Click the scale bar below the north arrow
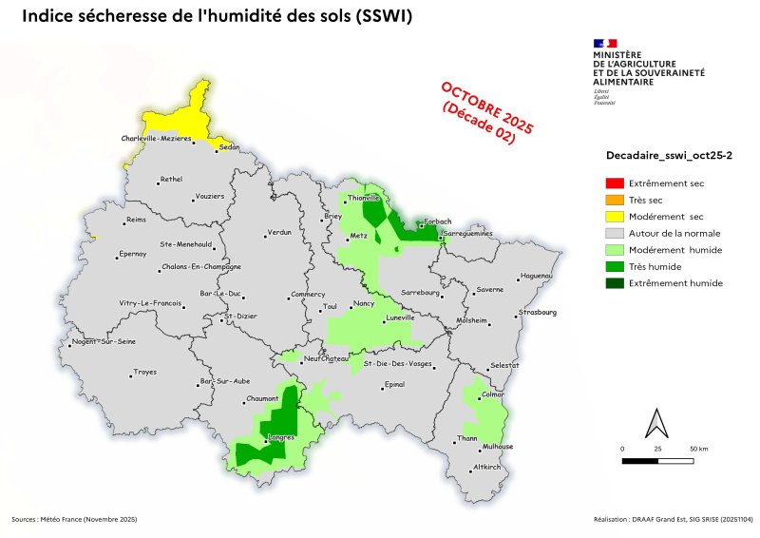(x=657, y=460)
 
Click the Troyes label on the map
(x=145, y=372)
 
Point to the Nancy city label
(x=363, y=303)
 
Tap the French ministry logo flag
(x=605, y=43)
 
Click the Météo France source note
(x=75, y=520)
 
